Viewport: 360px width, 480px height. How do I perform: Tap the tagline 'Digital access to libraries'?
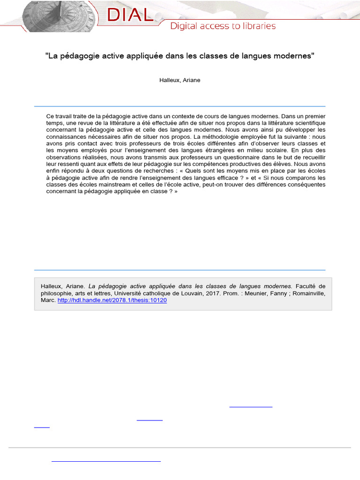pos(223,26)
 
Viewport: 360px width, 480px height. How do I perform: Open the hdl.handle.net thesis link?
pos(112,300)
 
